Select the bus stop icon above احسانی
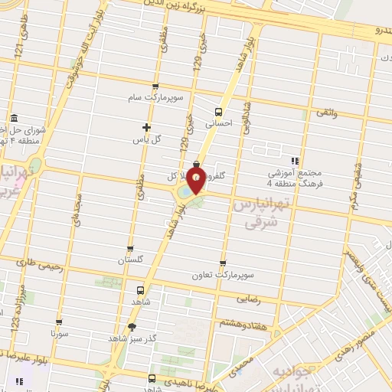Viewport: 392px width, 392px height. tap(219, 111)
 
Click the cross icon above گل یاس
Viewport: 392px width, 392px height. tap(148, 126)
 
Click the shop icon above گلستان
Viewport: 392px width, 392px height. tap(131, 249)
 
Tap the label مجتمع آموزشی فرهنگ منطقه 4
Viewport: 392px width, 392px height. tap(294, 179)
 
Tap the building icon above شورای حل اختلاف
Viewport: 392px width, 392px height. tap(15, 118)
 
